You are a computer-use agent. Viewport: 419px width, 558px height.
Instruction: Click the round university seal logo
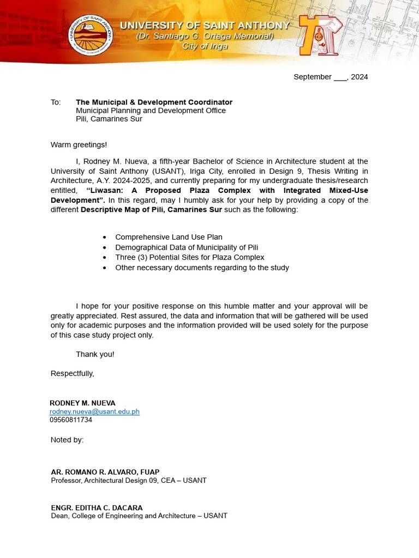click(x=91, y=34)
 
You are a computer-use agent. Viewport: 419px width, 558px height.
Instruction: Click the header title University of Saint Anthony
click(x=205, y=26)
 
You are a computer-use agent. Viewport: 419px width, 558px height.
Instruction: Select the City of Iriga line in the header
click(x=205, y=46)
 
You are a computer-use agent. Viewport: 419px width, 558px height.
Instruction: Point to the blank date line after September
click(x=340, y=77)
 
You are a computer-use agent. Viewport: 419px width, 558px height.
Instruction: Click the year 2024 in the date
click(x=359, y=77)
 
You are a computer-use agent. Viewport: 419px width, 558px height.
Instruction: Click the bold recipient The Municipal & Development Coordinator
click(x=154, y=102)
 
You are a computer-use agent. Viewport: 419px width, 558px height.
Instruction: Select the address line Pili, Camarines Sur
click(x=109, y=119)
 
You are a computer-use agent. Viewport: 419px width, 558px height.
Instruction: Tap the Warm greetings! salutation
click(x=79, y=144)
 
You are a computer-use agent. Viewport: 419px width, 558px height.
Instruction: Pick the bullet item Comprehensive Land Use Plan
click(x=169, y=237)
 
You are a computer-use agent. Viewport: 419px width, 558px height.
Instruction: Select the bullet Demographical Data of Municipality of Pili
click(x=187, y=247)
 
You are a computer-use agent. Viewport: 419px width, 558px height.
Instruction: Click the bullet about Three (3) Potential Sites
click(x=189, y=257)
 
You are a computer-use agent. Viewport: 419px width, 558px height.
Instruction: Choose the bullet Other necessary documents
click(x=202, y=268)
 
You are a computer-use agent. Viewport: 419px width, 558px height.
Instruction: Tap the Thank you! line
click(x=95, y=354)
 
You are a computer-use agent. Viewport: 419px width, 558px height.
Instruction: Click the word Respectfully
click(x=72, y=373)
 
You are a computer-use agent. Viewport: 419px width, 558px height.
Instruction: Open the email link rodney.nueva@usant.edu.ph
click(x=94, y=411)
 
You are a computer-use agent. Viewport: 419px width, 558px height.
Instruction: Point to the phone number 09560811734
click(x=71, y=420)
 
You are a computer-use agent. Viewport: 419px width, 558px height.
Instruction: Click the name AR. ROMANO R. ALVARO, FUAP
click(x=105, y=472)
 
